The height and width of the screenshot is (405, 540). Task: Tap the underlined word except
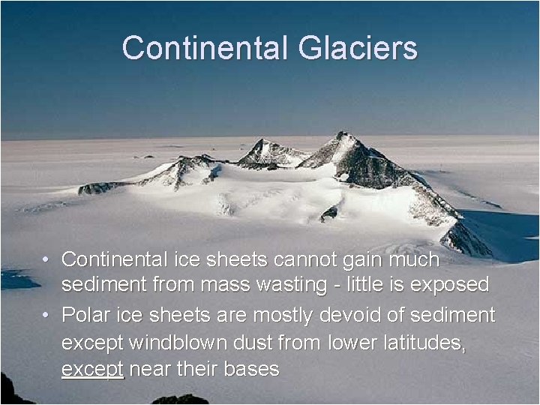pos(93,368)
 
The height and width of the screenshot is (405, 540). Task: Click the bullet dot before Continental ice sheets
pos(46,260)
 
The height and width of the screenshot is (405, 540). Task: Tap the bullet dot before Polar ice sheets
pos(46,315)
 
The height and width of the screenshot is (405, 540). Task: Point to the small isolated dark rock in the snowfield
pos(328,214)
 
